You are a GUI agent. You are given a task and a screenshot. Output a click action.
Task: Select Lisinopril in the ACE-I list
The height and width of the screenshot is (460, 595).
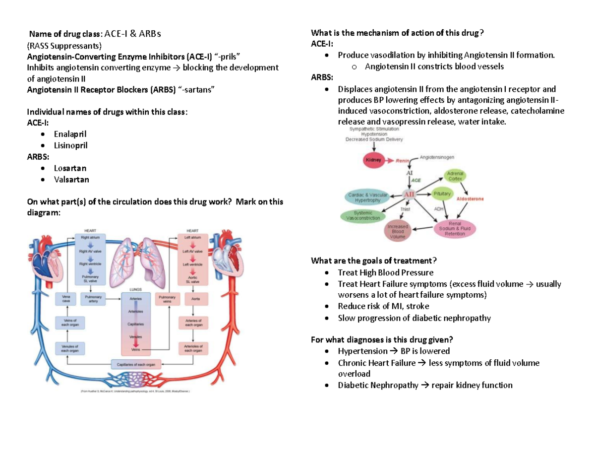pyautogui.click(x=70, y=145)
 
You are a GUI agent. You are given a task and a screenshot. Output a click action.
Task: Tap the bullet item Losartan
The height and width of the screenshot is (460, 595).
pyautogui.click(x=69, y=168)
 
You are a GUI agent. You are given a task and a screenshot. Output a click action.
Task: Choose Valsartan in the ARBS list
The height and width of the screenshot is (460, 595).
pyautogui.click(x=71, y=180)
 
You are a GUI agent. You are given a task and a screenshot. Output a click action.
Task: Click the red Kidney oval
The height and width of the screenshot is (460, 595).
pyautogui.click(x=373, y=160)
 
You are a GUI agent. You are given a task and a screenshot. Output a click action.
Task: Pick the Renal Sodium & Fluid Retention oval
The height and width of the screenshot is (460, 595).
pyautogui.click(x=455, y=230)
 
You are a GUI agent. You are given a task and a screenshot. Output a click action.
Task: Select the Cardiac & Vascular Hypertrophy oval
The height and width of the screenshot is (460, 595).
pyautogui.click(x=368, y=198)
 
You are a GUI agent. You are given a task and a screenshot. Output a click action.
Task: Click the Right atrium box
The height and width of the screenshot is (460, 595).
pyautogui.click(x=90, y=238)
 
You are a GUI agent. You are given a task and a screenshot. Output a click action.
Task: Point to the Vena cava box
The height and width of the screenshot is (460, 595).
pyautogui.click(x=65, y=299)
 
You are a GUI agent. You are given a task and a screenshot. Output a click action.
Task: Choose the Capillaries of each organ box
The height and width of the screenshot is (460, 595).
pyautogui.click(x=136, y=365)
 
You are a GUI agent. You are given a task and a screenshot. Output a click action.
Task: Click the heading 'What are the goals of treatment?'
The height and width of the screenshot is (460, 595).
pyautogui.click(x=373, y=261)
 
